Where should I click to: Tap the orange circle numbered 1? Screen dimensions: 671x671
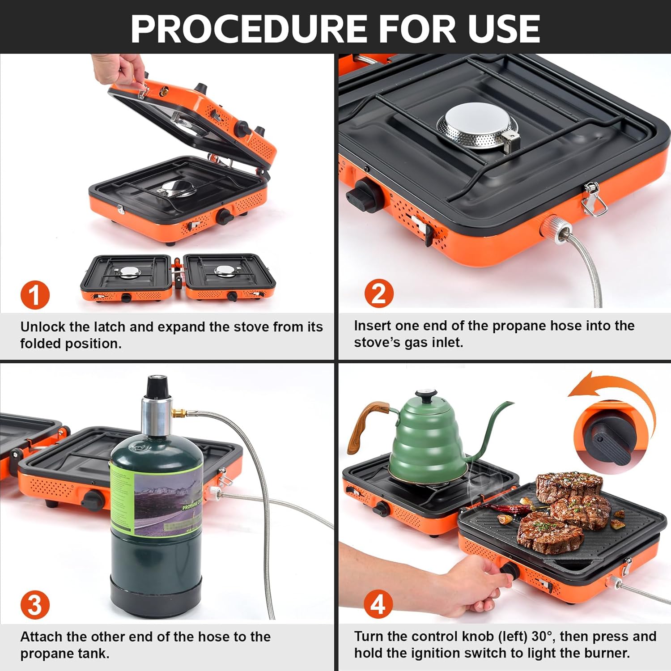click(x=35, y=295)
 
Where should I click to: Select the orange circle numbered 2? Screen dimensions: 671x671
click(x=379, y=294)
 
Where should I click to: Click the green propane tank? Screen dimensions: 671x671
click(x=157, y=528)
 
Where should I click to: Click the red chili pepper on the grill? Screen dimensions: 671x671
click(x=508, y=509)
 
